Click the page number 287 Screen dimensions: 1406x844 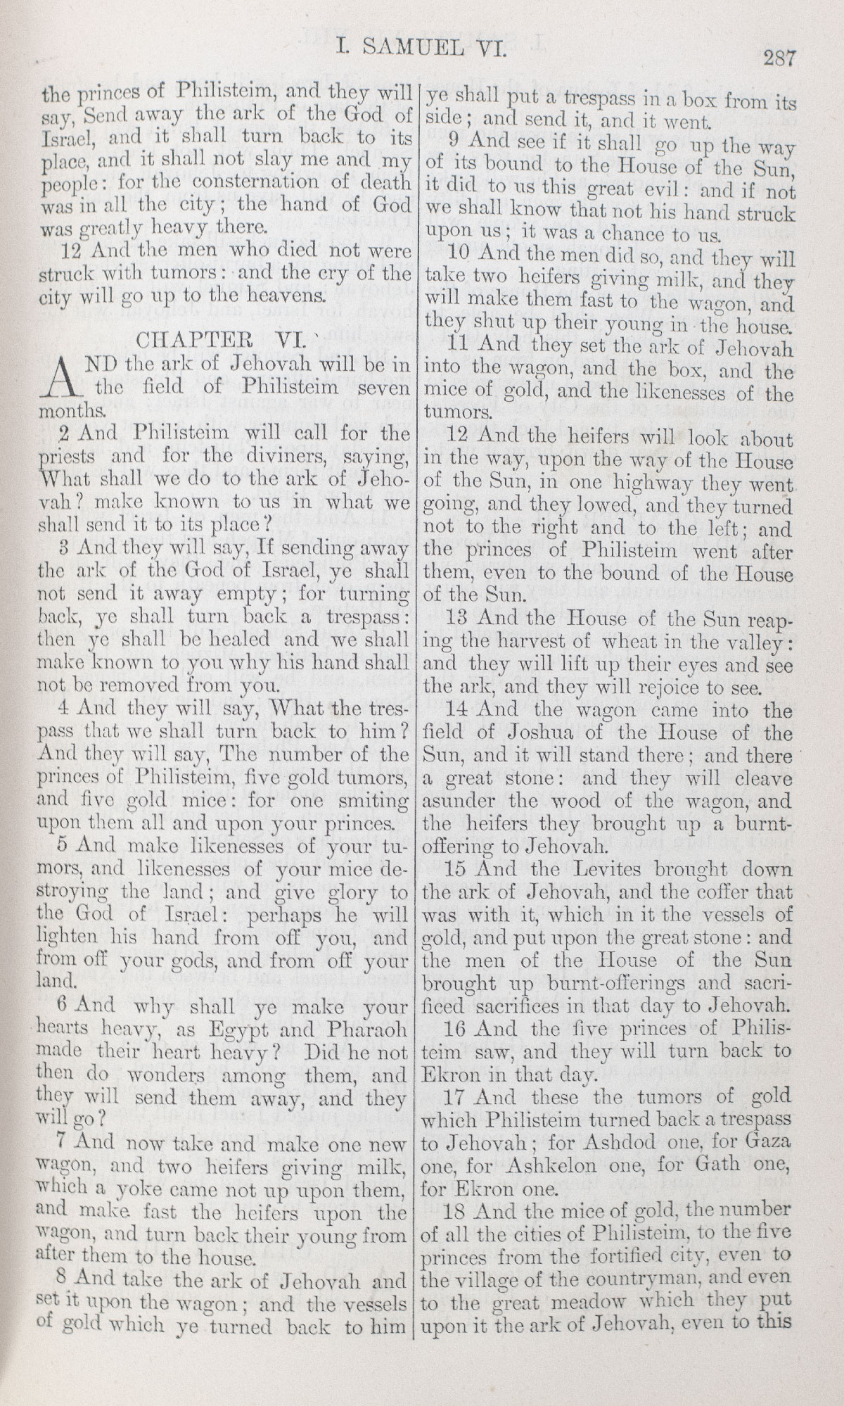click(x=779, y=58)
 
